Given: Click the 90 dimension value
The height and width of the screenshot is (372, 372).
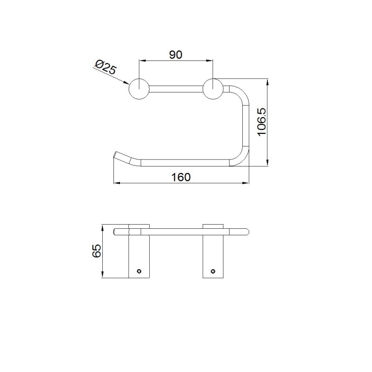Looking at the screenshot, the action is tap(176, 54).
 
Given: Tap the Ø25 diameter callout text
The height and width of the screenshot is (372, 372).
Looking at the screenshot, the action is tap(106, 67).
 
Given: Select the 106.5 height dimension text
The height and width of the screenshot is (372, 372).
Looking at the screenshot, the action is tap(262, 122).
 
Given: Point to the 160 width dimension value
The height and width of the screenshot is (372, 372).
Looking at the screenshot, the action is tap(181, 177).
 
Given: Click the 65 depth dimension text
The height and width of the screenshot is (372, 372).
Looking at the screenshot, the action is tap(97, 251).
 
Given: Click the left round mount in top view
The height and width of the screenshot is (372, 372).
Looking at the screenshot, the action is tap(139, 89).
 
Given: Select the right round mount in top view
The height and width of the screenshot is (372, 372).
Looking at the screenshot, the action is tap(213, 89).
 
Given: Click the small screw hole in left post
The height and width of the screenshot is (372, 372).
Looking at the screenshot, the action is tap(139, 271).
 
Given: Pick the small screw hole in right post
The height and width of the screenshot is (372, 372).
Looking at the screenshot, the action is tap(213, 271).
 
